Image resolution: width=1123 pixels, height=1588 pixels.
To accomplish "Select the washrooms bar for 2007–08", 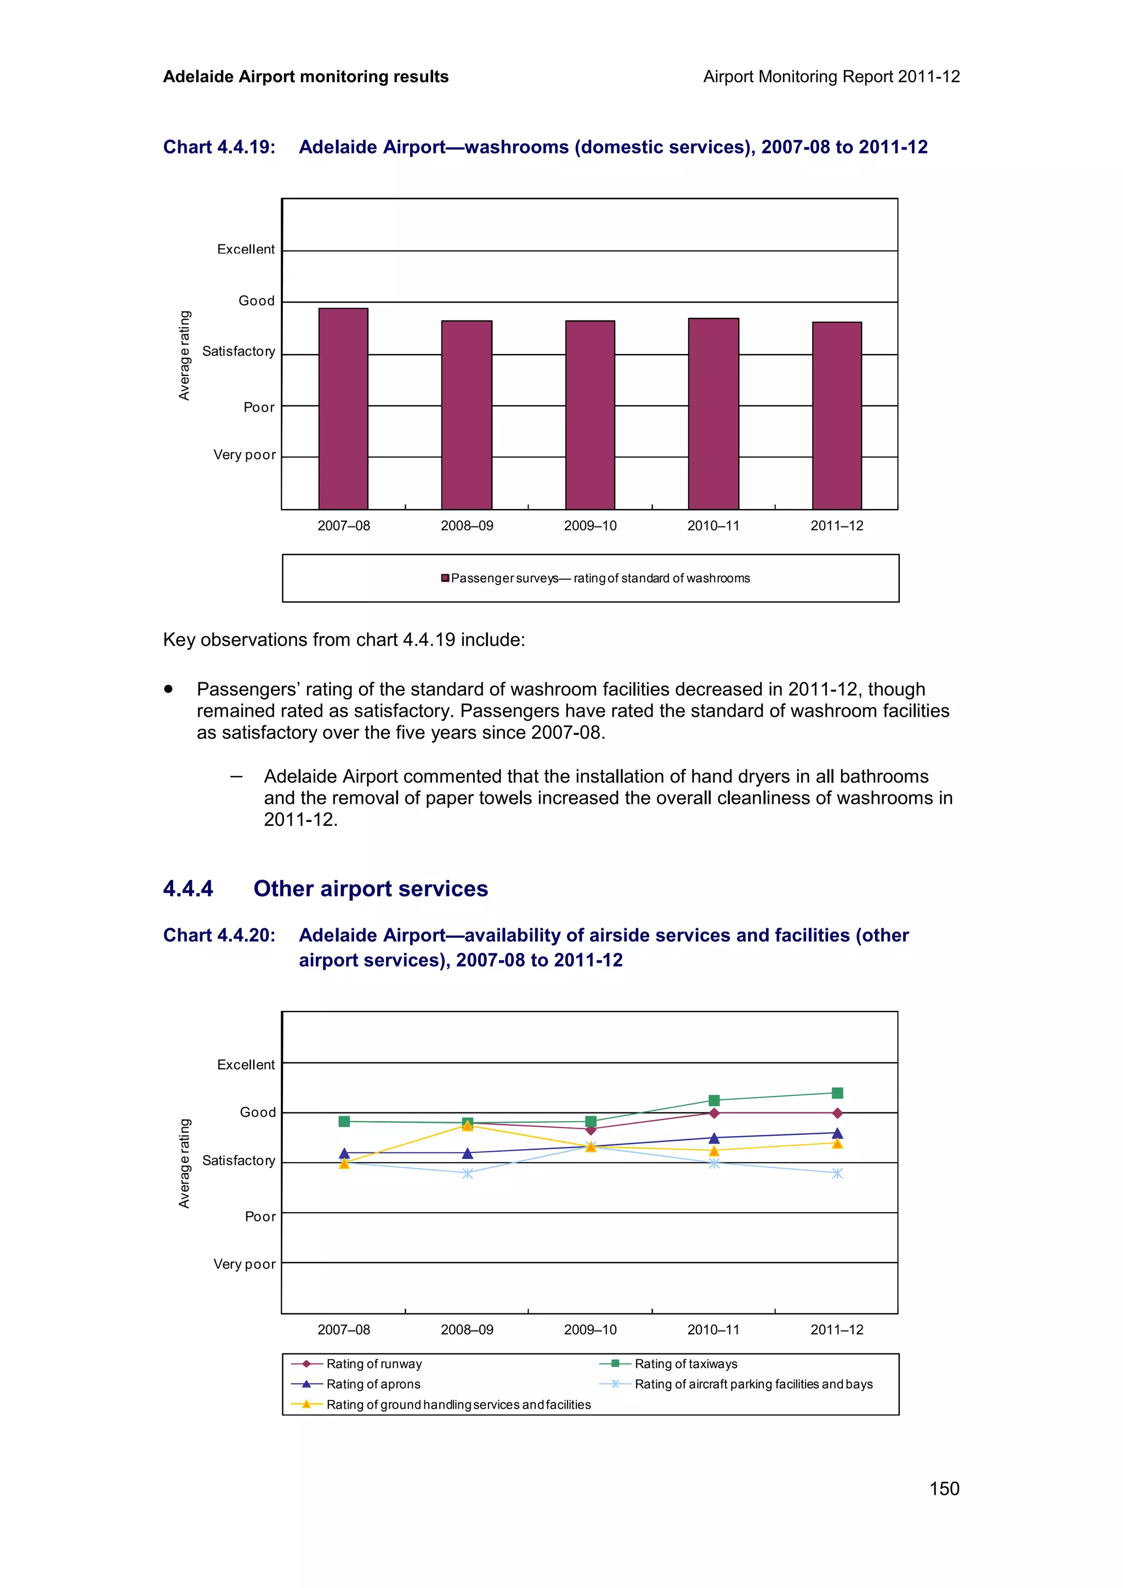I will (343, 409).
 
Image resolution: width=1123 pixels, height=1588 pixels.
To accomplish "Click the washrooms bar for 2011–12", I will (837, 416).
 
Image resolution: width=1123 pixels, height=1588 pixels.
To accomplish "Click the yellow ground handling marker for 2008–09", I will (467, 1126).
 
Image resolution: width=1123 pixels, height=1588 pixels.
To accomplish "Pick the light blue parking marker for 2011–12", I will (837, 1174).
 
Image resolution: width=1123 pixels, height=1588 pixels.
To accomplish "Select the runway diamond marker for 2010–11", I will (714, 1113).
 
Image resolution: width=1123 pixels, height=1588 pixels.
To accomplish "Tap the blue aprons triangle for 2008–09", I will (467, 1153).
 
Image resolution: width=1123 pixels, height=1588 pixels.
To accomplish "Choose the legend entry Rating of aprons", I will (373, 1384).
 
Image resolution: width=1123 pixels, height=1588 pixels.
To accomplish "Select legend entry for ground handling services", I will (458, 1405).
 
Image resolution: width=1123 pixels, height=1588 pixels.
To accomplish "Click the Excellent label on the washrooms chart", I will (246, 249).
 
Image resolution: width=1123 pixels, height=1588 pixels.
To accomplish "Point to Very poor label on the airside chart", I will (244, 1264).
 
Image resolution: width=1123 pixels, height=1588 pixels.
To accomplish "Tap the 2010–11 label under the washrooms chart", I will (713, 525).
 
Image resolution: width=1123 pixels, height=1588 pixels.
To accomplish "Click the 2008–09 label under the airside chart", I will (467, 1329).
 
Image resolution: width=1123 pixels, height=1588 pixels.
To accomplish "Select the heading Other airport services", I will (370, 889).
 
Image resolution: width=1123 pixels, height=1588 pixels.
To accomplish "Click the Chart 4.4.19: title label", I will (219, 147).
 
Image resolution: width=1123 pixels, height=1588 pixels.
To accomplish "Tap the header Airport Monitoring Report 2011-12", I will (831, 77).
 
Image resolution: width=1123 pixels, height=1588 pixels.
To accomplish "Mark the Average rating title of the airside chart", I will (184, 1163).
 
